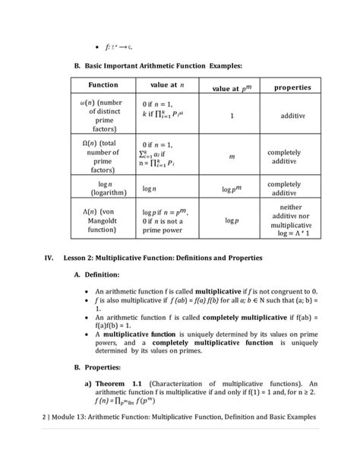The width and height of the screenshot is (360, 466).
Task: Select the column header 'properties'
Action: pyautogui.click(x=292, y=87)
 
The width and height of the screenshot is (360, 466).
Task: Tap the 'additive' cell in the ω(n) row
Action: pyautogui.click(x=292, y=118)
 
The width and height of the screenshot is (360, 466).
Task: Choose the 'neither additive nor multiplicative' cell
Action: pyautogui.click(x=292, y=220)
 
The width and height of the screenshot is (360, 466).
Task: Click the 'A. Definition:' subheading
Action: pyautogui.click(x=102, y=274)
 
